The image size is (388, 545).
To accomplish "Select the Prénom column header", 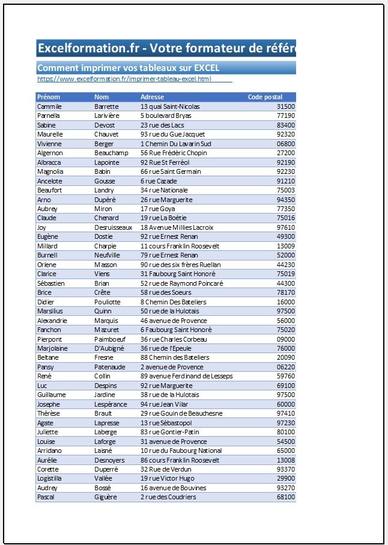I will pyautogui.click(x=49, y=97).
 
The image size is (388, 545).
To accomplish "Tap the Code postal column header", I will pyautogui.click(x=265, y=97).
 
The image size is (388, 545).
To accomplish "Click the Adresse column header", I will pyautogui.click(x=152, y=97).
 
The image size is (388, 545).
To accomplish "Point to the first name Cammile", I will pyautogui.click(x=49, y=106).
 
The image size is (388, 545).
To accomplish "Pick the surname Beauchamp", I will pyautogui.click(x=111, y=153).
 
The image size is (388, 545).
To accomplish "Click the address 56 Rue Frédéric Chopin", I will pyautogui.click(x=174, y=153).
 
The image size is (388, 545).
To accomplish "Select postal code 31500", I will pyautogui.click(x=285, y=106).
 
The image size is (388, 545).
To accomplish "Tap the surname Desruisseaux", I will pyautogui.click(x=113, y=227).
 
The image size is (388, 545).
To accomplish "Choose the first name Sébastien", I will pyautogui.click(x=51, y=283).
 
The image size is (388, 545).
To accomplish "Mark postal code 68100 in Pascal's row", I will pyautogui.click(x=285, y=497).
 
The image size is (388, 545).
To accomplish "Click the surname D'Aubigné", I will pyautogui.click(x=109, y=348).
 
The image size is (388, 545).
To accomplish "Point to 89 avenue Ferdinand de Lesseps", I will pyautogui.click(x=186, y=376).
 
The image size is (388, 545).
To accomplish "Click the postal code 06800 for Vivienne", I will pyautogui.click(x=285, y=144).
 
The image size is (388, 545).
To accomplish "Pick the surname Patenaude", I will pyautogui.click(x=110, y=367).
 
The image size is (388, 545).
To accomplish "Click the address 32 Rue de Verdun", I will pyautogui.click(x=166, y=469).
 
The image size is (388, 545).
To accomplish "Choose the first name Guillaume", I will pyautogui.click(x=51, y=395).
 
